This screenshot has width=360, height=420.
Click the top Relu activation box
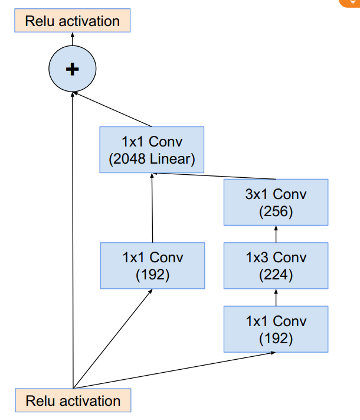pyautogui.click(x=72, y=21)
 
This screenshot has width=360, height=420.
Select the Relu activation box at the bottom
pyautogui.click(x=73, y=401)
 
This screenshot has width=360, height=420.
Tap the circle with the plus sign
pyautogui.click(x=72, y=70)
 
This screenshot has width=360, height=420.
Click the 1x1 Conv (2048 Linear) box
pyautogui.click(x=152, y=150)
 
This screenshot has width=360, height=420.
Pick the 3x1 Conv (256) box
pyautogui.click(x=276, y=202)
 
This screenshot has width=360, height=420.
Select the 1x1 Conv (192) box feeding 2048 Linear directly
pyautogui.click(x=152, y=265)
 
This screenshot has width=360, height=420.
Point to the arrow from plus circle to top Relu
pyautogui.click(x=72, y=40)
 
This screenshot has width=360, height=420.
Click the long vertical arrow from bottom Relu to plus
pyautogui.click(x=72, y=236)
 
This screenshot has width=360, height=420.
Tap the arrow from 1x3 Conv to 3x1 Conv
pyautogui.click(x=276, y=234)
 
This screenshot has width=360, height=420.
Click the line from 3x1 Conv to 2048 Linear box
pyautogui.click(x=215, y=176)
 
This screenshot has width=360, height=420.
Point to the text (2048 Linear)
pyautogui.click(x=152, y=159)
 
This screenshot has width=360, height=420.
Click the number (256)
pyautogui.click(x=276, y=211)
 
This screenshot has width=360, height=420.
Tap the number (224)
pyautogui.click(x=276, y=274)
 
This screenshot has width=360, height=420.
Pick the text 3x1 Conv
pyautogui.click(x=276, y=194)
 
